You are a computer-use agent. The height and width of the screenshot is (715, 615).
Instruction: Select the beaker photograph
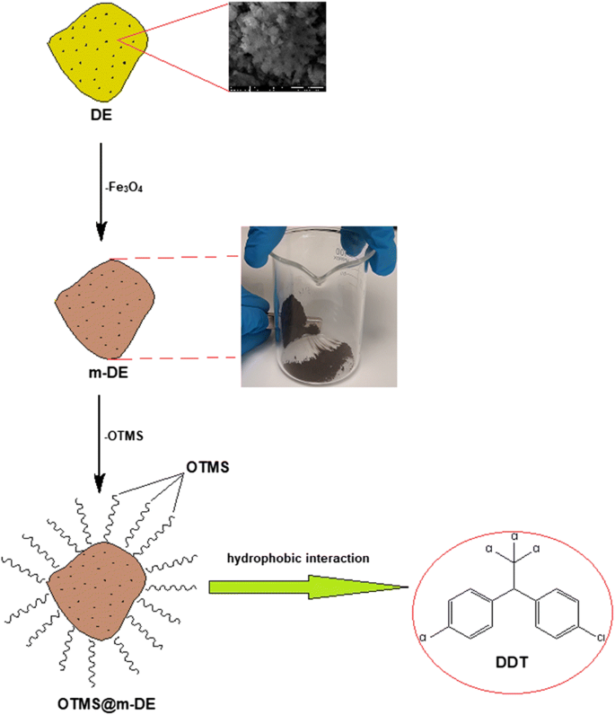pyautogui.click(x=320, y=305)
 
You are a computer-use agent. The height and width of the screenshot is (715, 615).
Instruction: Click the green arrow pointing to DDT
pyautogui.click(x=296, y=587)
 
